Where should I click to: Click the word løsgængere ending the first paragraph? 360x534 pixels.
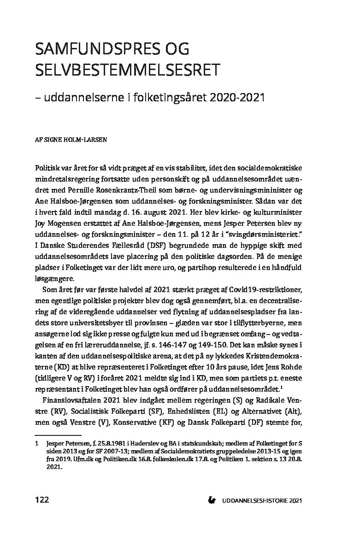53,280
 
